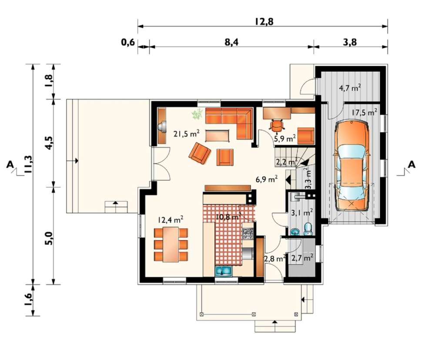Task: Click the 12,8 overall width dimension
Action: click(264, 21)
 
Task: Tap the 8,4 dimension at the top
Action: click(232, 42)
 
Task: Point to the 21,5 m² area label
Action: click(187, 134)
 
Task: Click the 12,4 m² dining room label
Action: click(171, 220)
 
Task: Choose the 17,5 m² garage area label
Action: click(364, 113)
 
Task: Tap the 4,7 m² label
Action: click(350, 88)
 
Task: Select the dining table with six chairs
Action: click(171, 244)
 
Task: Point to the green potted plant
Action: click(197, 114)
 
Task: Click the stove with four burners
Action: click(248, 233)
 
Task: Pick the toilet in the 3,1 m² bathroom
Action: click(308, 229)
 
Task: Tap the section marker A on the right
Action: click(412, 165)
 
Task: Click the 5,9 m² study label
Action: click(285, 138)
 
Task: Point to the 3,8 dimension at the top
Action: click(350, 43)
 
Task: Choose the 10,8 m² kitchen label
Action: click(228, 217)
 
